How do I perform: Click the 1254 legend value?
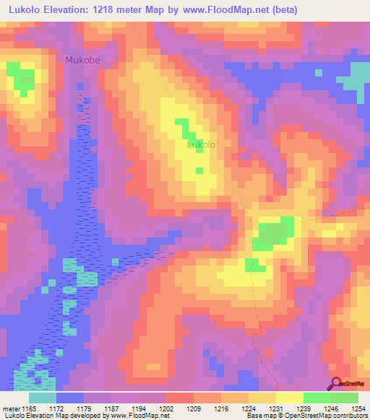click(x=359, y=409)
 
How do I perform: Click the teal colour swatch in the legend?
click(x=42, y=398)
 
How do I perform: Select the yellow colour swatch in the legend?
click(x=289, y=398)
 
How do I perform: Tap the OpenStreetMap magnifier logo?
click(x=336, y=382)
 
